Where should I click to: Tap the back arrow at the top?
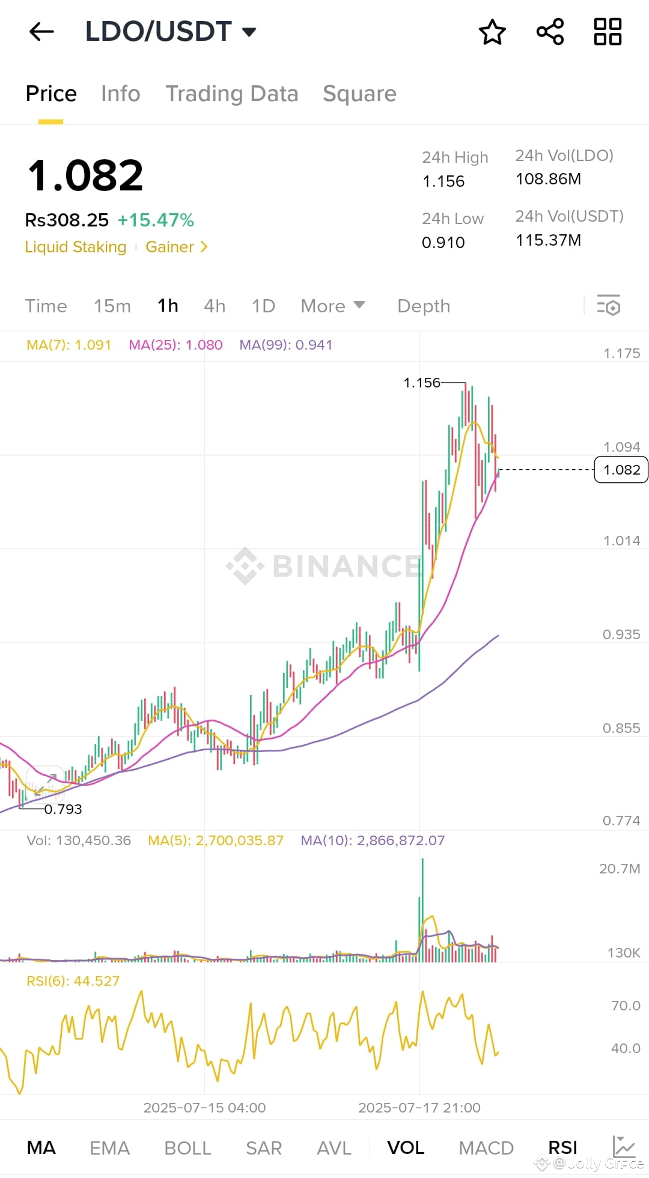[x=41, y=32]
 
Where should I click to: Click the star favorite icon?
[x=492, y=32]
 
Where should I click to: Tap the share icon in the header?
[x=550, y=32]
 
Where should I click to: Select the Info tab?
[x=120, y=94]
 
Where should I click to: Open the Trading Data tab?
[x=232, y=94]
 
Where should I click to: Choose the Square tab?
[x=359, y=94]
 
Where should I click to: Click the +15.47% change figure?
[x=156, y=220]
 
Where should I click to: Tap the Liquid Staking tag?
[x=76, y=247]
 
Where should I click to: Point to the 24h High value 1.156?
[x=443, y=181]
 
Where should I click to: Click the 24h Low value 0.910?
[x=443, y=243]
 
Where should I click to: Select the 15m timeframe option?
[x=112, y=306]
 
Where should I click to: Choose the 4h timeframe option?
[x=215, y=306]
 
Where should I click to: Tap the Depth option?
[x=424, y=306]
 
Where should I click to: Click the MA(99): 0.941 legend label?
[x=286, y=345]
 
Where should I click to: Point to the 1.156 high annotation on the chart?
[x=422, y=383]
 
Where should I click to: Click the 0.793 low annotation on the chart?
[x=63, y=809]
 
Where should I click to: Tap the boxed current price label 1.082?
[x=621, y=470]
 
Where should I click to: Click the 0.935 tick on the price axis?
[x=621, y=635]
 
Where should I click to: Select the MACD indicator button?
[x=486, y=1148]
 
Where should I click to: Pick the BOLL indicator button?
[x=187, y=1148]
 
